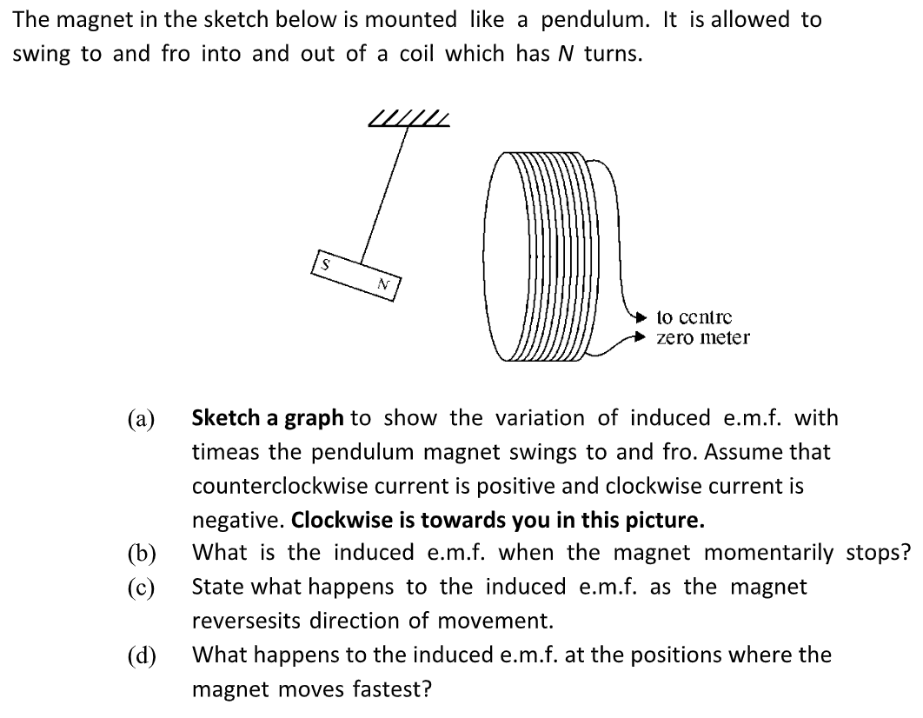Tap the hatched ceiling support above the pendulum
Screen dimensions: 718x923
pyautogui.click(x=409, y=120)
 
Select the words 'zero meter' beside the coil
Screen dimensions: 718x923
pyautogui.click(x=702, y=337)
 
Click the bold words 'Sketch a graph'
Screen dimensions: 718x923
pyautogui.click(x=267, y=418)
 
